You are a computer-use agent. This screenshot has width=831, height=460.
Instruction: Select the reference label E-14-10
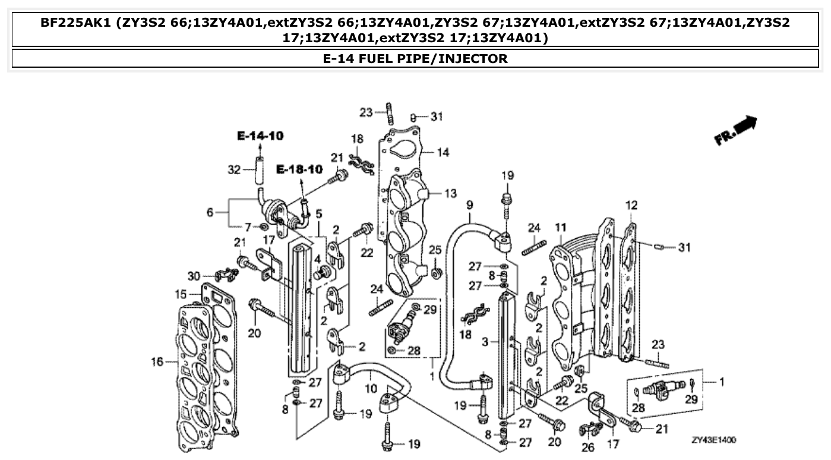tap(260, 136)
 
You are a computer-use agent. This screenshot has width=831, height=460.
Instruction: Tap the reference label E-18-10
tap(299, 169)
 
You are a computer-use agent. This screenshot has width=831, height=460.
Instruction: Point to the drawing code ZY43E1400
tap(714, 440)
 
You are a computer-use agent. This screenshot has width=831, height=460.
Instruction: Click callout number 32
tap(233, 170)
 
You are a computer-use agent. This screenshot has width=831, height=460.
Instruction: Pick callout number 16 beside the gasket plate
tap(157, 361)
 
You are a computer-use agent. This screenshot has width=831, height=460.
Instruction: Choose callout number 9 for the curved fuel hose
tap(469, 204)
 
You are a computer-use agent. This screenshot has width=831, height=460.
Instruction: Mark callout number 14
tap(443, 152)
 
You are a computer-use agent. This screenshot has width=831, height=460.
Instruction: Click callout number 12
tap(631, 206)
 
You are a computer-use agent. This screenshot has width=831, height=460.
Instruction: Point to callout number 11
tap(561, 226)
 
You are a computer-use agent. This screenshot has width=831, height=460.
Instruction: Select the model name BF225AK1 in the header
tap(75, 24)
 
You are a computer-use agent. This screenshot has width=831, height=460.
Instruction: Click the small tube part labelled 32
tap(259, 169)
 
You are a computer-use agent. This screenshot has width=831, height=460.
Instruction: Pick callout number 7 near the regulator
tap(248, 226)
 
